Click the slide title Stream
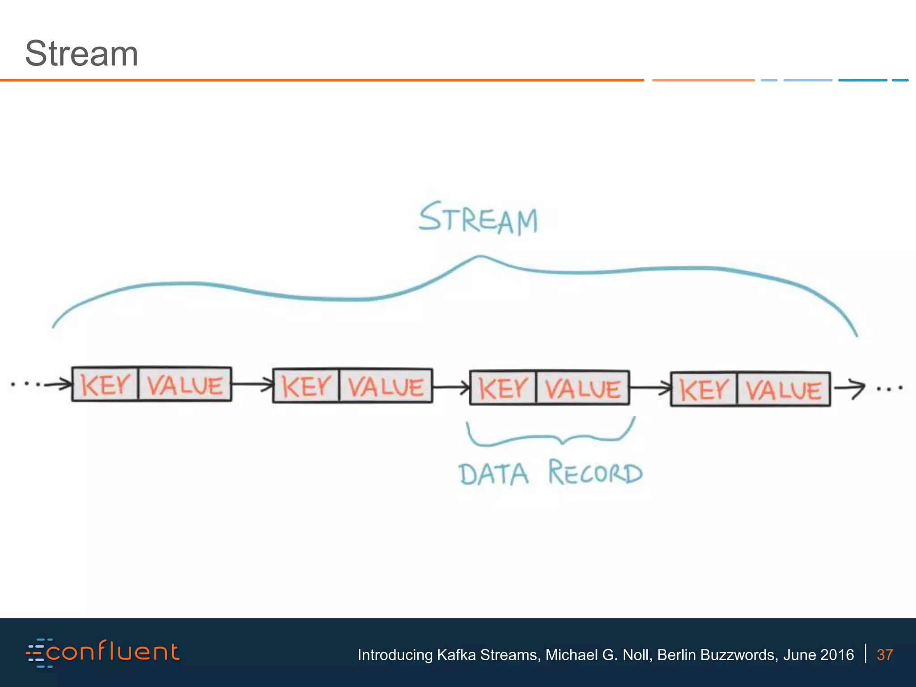click(81, 54)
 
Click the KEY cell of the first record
click(105, 385)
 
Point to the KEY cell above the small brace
click(503, 388)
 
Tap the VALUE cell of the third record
click(583, 388)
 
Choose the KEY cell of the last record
click(704, 390)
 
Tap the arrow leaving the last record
click(849, 388)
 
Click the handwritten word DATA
click(494, 474)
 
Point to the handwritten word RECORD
click(596, 473)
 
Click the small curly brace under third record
click(550, 436)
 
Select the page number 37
click(884, 655)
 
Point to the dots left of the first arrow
click(26, 384)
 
